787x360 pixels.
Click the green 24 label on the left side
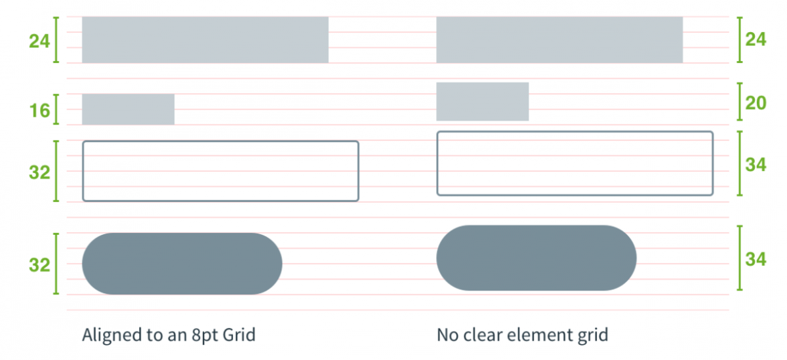point(39,41)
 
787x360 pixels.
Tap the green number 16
point(40,110)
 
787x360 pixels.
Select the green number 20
point(756,103)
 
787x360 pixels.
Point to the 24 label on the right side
point(756,39)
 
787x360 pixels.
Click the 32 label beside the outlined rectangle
point(39,172)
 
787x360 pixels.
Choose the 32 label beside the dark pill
point(39,265)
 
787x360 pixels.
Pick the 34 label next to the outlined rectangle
point(756,165)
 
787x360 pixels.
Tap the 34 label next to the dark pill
point(756,259)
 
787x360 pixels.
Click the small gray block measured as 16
point(129,110)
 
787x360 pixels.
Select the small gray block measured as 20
point(483,102)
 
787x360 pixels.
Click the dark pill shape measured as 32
point(182,264)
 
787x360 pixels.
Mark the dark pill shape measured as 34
point(536,258)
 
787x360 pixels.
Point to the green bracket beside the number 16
point(56,110)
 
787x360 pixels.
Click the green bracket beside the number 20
point(740,102)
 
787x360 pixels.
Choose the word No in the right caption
point(447,335)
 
